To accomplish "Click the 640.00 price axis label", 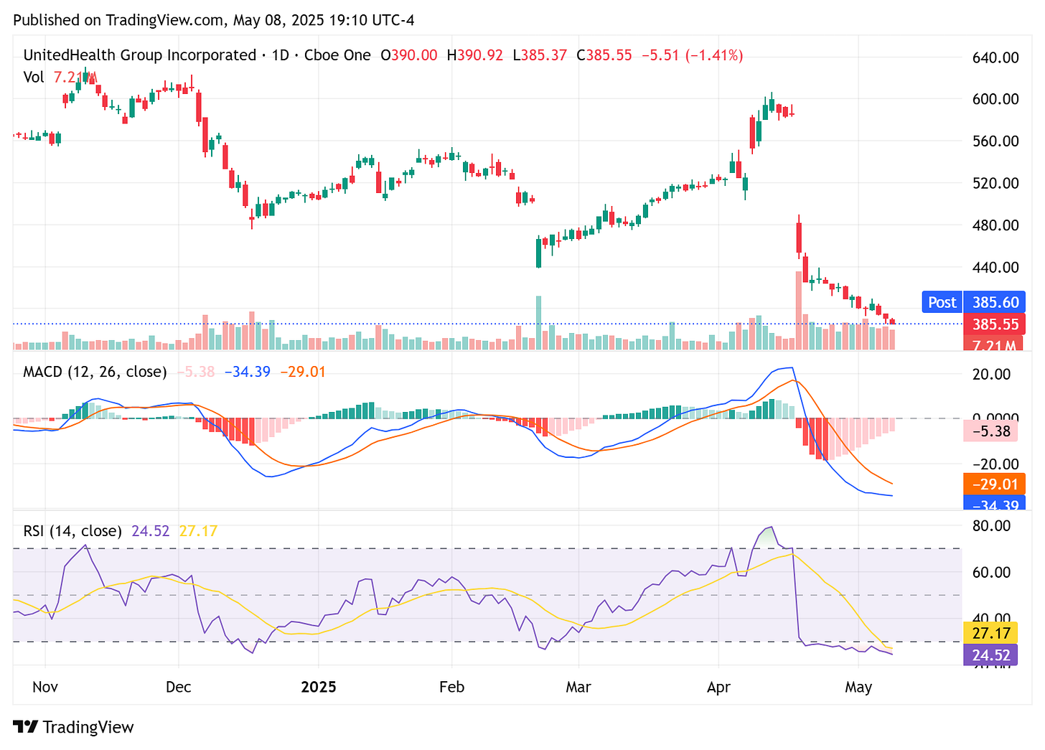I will [995, 57].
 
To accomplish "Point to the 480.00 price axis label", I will [995, 225].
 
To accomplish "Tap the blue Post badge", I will [942, 302].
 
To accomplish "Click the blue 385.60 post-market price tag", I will [995, 302].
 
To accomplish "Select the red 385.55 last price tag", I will [995, 324].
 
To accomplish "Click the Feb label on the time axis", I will [451, 687].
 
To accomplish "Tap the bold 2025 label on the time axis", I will [319, 687].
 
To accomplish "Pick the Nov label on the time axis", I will [45, 687].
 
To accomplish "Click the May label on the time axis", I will [858, 687].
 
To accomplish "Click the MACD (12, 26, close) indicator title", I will [95, 372].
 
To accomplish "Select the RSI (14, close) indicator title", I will [72, 531].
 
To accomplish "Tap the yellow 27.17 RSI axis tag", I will [991, 633].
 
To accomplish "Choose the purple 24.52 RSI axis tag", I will [991, 655].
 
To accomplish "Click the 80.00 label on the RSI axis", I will [991, 526].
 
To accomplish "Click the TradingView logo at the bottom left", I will [73, 727].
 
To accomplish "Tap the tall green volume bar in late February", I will [538, 322].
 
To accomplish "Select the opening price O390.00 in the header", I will [408, 55].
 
